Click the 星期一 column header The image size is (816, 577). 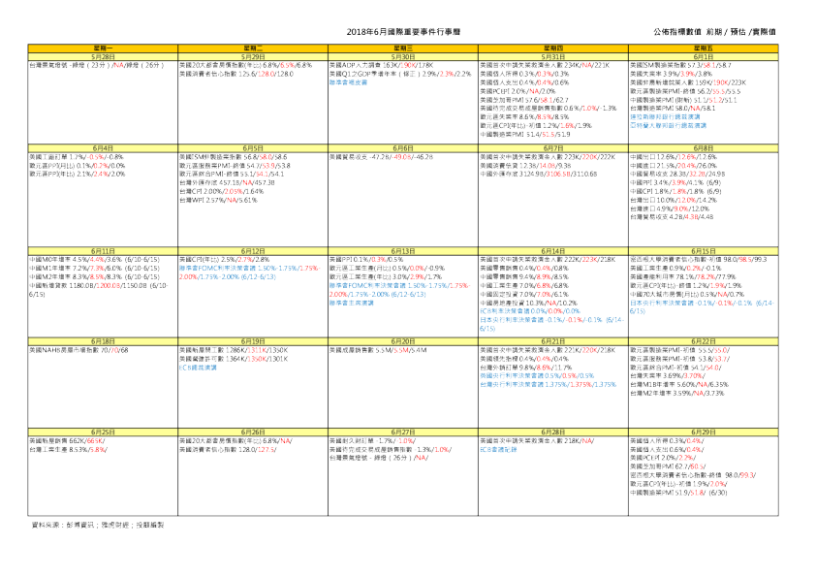104,48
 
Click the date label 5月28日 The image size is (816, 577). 104,56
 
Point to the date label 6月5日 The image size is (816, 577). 254,147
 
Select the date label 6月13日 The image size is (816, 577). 403,250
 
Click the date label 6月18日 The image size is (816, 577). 104,340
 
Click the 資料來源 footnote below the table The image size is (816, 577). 98,524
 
